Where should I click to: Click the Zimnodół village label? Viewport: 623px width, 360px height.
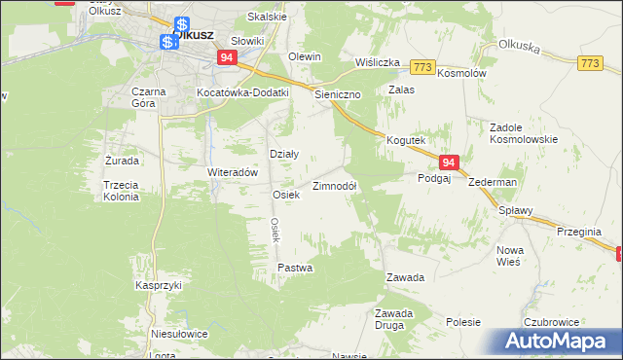pyautogui.click(x=334, y=186)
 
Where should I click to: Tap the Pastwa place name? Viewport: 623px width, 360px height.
pyautogui.click(x=295, y=267)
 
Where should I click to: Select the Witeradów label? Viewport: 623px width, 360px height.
pyautogui.click(x=232, y=171)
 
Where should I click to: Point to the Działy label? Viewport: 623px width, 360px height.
pyautogui.click(x=283, y=154)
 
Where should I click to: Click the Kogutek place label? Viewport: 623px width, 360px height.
pyautogui.click(x=406, y=140)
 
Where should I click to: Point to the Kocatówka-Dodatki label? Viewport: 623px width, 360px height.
pyautogui.click(x=242, y=91)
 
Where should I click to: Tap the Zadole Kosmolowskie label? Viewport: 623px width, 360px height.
pyautogui.click(x=523, y=133)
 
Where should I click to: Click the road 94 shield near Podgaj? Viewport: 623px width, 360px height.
pyautogui.click(x=448, y=163)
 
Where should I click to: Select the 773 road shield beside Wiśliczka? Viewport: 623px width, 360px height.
pyautogui.click(x=421, y=66)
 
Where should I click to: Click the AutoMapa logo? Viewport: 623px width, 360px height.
pyautogui.click(x=559, y=341)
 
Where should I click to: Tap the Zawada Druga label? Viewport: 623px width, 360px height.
pyautogui.click(x=395, y=318)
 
